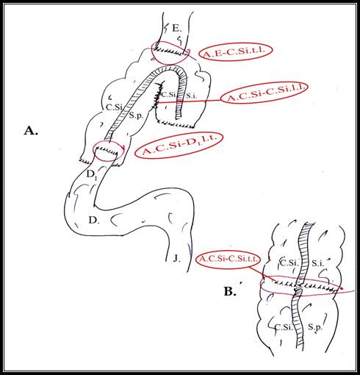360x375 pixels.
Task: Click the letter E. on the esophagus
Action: point(177,29)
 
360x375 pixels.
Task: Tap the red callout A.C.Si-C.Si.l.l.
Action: point(264,93)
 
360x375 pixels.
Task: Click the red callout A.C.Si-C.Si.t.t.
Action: point(228,259)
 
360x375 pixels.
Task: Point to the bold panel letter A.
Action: point(31,131)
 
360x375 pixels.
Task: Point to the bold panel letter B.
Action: point(230,291)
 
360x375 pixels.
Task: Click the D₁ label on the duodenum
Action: point(92,175)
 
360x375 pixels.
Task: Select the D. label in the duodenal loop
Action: point(94,220)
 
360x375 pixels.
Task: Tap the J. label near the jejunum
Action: point(177,258)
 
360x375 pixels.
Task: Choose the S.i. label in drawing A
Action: point(192,96)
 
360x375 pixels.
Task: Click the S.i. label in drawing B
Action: point(318,263)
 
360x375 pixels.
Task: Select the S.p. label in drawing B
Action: point(314,327)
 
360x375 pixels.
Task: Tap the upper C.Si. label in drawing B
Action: point(289,263)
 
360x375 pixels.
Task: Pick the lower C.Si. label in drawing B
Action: point(284,327)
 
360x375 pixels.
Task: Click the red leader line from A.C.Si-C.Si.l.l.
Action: point(189,101)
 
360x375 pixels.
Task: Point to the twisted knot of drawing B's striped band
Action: point(298,290)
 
